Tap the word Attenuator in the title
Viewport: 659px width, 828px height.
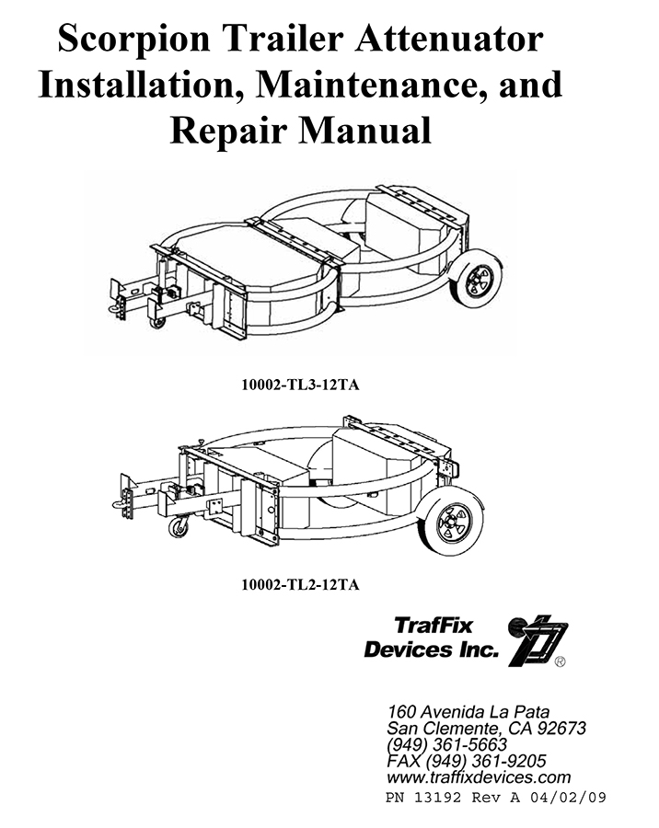pos(448,38)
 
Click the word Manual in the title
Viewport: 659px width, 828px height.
pos(365,130)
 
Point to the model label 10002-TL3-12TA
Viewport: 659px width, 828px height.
pos(300,385)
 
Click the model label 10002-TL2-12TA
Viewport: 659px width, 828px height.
pos(300,585)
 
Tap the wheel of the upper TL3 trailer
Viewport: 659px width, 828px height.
pos(479,280)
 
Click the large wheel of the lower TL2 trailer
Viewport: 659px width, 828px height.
pos(454,523)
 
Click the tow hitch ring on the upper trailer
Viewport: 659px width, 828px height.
pos(114,309)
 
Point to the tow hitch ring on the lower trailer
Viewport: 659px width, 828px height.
pos(119,505)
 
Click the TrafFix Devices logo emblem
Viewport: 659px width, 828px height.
pos(536,640)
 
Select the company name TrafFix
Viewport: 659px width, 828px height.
pos(434,627)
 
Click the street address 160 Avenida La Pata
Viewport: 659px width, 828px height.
pos(468,712)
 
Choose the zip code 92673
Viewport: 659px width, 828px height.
pos(561,729)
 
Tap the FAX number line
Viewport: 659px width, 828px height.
pos(467,762)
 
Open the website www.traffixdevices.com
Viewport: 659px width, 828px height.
pos(479,777)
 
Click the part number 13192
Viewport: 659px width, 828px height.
pos(437,798)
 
